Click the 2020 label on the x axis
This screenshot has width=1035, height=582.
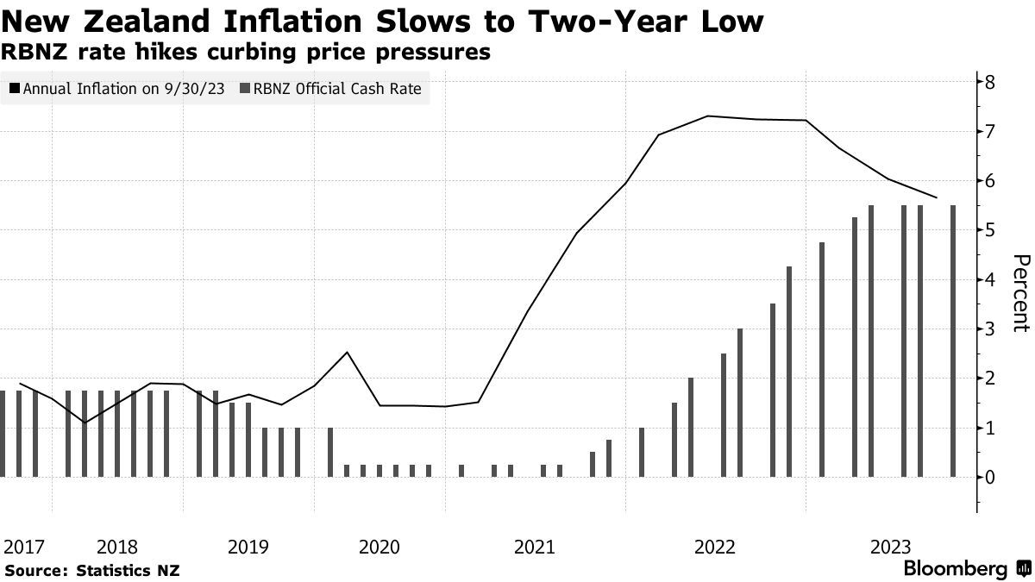(379, 547)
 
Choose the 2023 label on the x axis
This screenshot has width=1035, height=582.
(891, 547)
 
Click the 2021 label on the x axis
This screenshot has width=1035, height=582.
(535, 547)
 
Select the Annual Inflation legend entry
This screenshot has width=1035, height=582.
(113, 89)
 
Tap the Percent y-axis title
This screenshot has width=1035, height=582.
(1020, 293)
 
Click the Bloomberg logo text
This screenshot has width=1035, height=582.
(955, 568)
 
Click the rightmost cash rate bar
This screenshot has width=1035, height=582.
(953, 341)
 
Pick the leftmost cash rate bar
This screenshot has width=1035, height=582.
(3, 434)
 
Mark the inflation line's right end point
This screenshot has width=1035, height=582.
(937, 197)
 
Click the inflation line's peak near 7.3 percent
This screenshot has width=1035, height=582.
(707, 116)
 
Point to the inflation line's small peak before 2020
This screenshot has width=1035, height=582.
(347, 352)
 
